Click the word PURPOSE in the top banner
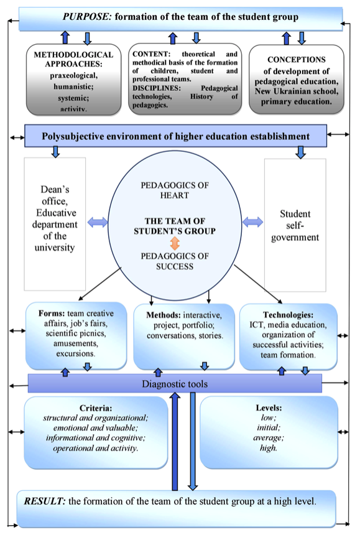86,17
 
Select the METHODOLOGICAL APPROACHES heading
73,59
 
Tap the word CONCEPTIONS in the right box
296,60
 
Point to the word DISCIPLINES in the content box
157,88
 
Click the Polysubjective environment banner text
175,136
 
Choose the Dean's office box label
55,218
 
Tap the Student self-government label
295,226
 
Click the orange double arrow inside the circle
175,244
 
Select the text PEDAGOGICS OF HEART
175,190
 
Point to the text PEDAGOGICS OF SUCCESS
175,261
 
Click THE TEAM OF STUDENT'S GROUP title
175,226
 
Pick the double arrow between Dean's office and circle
98,223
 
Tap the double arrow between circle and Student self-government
252,222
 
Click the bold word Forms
52,313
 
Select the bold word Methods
164,315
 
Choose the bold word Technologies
288,315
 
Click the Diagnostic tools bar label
175,384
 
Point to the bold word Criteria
96,408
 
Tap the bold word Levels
269,407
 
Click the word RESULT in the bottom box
45,501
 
